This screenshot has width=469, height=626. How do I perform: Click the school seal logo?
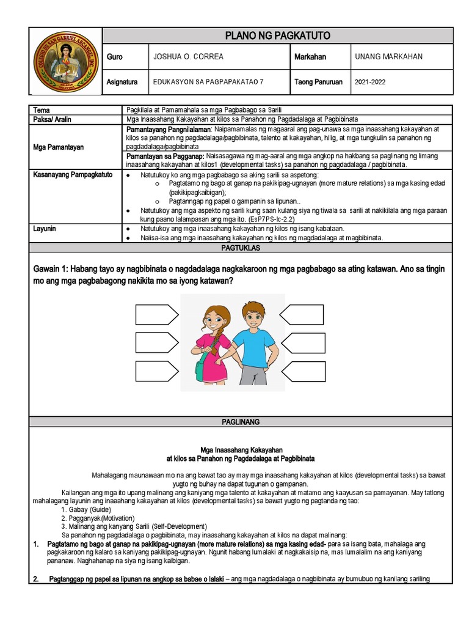(65, 61)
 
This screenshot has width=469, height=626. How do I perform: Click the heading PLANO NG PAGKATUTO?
(278, 35)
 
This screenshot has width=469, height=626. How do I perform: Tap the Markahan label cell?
(310, 57)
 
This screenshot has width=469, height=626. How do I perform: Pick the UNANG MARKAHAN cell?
(388, 57)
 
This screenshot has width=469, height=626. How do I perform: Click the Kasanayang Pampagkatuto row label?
(72, 174)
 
